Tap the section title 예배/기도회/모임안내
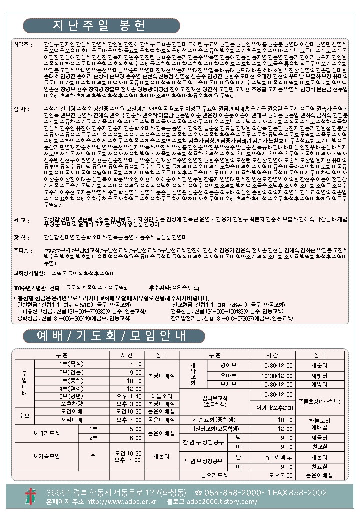104,336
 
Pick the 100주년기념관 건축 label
38,288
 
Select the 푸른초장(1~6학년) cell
319,401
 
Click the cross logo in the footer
31,496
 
